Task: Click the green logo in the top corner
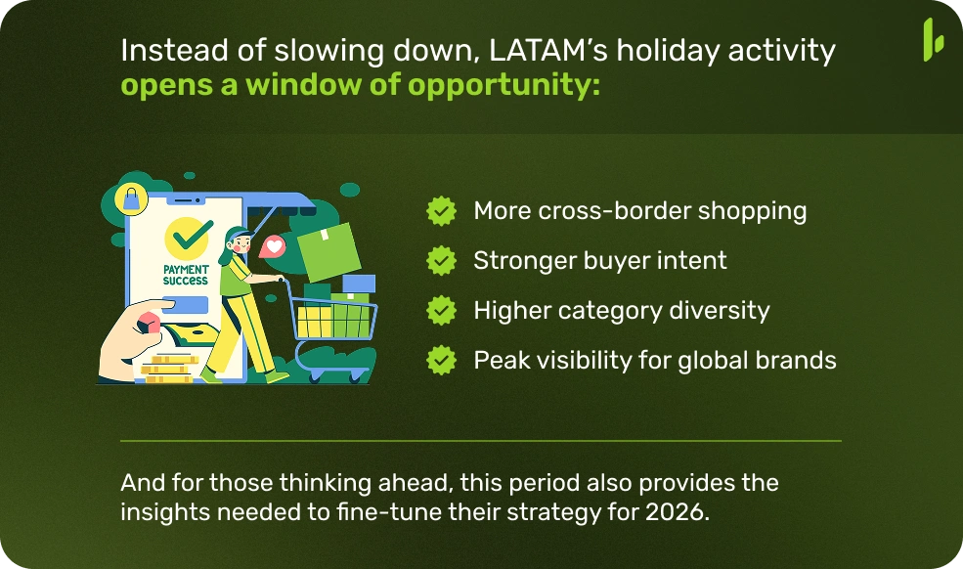[x=933, y=39]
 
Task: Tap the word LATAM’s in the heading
[x=547, y=51]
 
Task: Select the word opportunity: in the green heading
[x=503, y=85]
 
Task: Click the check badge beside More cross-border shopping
[x=442, y=211]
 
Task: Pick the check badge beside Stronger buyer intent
[x=442, y=260]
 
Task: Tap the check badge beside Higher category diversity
[x=442, y=310]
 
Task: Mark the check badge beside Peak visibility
[x=442, y=360]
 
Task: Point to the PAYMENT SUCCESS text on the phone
[x=186, y=275]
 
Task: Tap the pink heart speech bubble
[x=273, y=247]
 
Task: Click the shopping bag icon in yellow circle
[x=132, y=199]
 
